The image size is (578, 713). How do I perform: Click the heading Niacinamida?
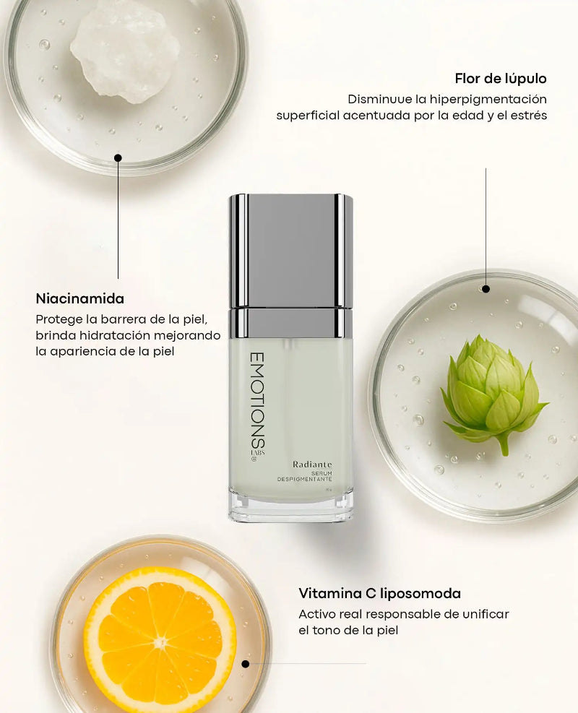pyautogui.click(x=79, y=298)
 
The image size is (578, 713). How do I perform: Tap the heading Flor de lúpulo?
pyautogui.click(x=501, y=78)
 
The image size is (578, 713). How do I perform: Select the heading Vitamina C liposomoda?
pyautogui.click(x=379, y=594)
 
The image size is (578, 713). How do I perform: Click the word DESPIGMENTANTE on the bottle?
pyautogui.click(x=305, y=480)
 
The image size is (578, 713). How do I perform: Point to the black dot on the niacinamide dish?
pyautogui.click(x=118, y=157)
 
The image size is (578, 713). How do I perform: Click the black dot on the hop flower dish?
pyautogui.click(x=486, y=289)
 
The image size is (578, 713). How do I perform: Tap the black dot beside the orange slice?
pyautogui.click(x=246, y=663)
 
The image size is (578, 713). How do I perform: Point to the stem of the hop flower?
pyautogui.click(x=502, y=444)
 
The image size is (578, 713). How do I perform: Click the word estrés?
pyautogui.click(x=529, y=115)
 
